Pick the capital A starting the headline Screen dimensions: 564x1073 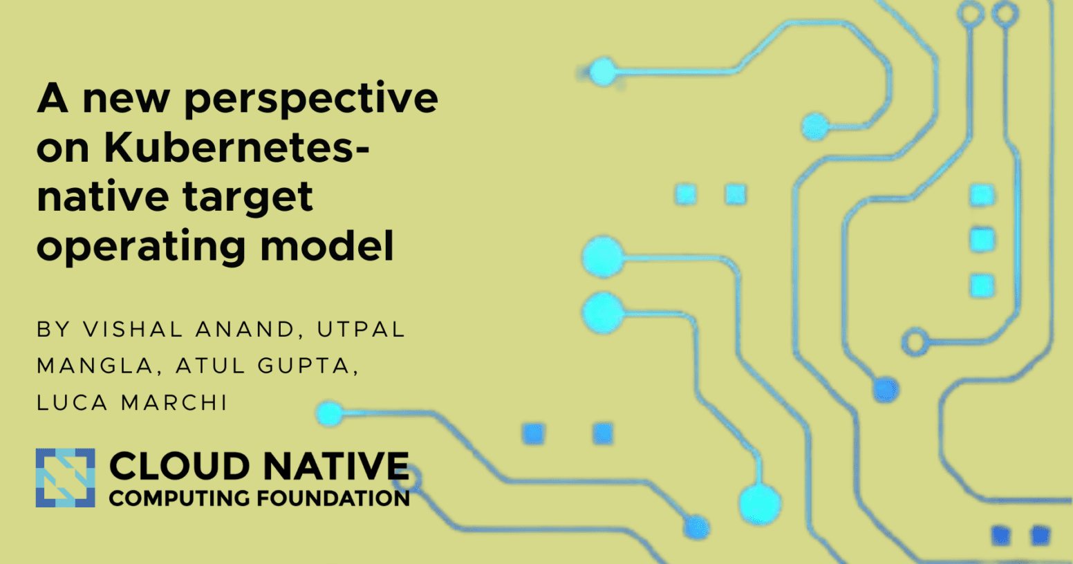click(x=53, y=99)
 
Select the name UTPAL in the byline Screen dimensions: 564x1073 click(x=361, y=330)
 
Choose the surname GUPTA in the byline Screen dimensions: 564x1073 click(x=307, y=366)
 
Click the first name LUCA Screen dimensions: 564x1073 click(x=72, y=402)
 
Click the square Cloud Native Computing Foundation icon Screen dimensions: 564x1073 click(x=65, y=478)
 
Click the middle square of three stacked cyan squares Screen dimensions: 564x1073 click(x=982, y=241)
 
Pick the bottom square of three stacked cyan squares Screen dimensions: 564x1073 click(x=982, y=285)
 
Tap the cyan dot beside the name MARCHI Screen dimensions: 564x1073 click(x=330, y=413)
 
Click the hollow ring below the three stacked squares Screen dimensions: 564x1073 click(x=915, y=342)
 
